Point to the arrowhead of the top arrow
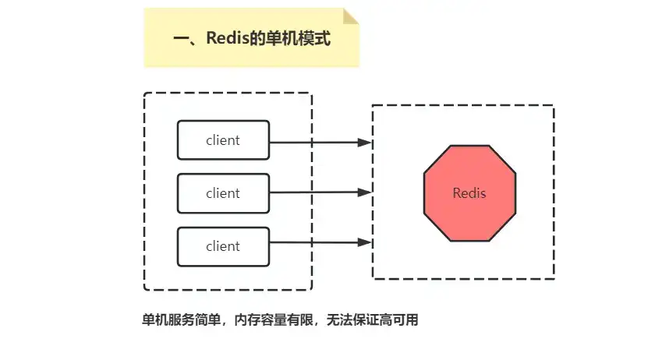pyautogui.click(x=364, y=143)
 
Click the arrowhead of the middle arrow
pyautogui.click(x=364, y=192)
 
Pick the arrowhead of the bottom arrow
pyautogui.click(x=364, y=242)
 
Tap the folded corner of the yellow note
pyautogui.click(x=352, y=16)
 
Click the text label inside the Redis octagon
pyautogui.click(x=469, y=192)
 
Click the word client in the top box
pyautogui.click(x=223, y=140)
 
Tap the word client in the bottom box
pyautogui.click(x=223, y=246)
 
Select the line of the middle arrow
pyautogui.click(x=312, y=192)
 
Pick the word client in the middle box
pyautogui.click(x=223, y=193)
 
